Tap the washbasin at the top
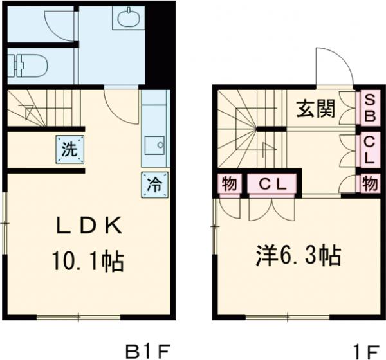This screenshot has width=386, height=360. (x=128, y=17)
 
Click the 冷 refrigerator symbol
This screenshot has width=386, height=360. (x=155, y=184)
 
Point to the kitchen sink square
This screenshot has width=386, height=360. (x=154, y=145)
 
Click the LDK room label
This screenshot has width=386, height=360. (x=87, y=226)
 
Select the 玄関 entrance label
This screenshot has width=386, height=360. (x=315, y=109)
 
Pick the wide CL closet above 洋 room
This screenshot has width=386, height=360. (x=272, y=184)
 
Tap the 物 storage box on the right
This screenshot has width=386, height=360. (x=369, y=184)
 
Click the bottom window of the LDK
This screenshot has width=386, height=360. (x=78, y=316)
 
